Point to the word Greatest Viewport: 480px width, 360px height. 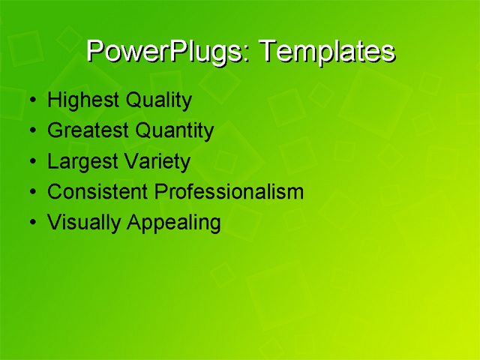tap(88, 131)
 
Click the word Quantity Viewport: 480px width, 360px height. tap(175, 131)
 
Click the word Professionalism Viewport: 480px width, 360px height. tap(229, 192)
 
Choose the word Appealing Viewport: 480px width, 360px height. tap(173, 223)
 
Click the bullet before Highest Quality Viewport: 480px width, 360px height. tap(30, 101)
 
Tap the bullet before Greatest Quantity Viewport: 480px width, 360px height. tap(30, 132)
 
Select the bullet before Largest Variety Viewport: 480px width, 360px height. tap(30, 162)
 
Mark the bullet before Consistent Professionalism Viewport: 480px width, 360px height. tap(30, 193)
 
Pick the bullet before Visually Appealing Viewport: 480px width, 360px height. tap(30, 223)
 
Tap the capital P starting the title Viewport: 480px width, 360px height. tap(95, 50)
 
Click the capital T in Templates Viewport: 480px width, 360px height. tap(265, 50)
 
